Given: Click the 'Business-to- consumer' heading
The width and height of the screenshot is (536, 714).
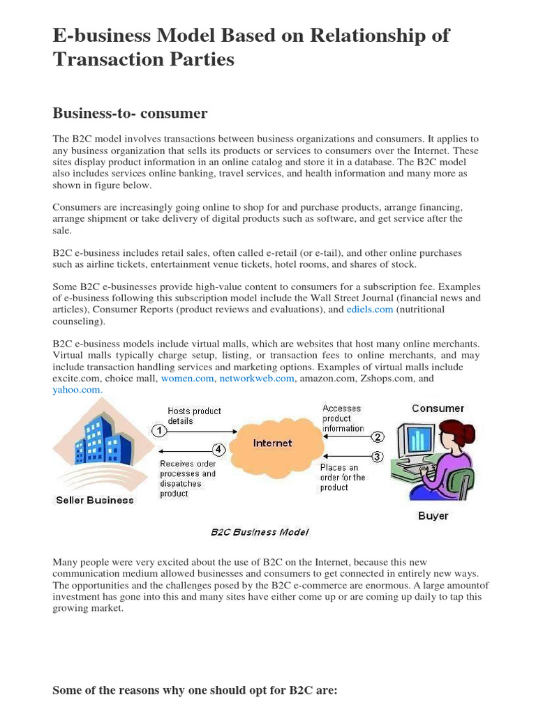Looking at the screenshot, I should coord(130,113).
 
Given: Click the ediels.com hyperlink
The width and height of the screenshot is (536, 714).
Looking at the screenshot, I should coord(370,310).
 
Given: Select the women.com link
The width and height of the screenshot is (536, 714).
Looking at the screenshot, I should coord(188,379).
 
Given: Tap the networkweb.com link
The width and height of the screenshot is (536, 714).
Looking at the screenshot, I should coord(256,379).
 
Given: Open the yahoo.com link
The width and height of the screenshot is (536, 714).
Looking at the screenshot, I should coord(77,390).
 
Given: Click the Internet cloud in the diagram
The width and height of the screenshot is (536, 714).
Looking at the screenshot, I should coord(273,444).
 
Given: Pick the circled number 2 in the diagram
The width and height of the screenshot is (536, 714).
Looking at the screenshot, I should coord(378,437).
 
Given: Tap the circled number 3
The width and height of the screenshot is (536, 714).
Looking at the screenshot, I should coord(378,457).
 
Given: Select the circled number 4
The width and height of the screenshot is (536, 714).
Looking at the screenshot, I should coord(218,450).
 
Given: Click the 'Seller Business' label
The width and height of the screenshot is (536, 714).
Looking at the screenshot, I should coord(95,500).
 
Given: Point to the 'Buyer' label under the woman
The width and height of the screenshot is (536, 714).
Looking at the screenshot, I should coord(433,516).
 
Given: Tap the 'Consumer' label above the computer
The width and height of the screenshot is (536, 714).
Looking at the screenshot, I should coord(438,409).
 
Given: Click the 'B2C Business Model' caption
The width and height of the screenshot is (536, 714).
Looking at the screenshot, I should coord(260,532).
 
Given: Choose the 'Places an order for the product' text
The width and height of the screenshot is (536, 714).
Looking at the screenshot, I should coord(343,478).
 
